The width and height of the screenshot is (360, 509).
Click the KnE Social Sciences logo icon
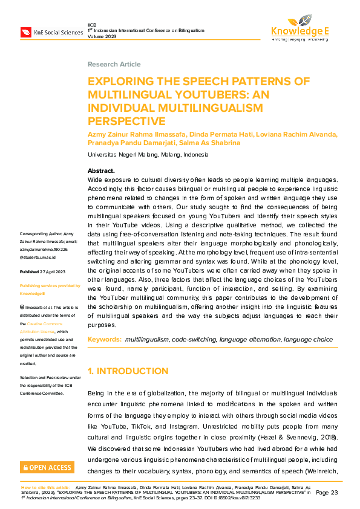[x=26, y=32]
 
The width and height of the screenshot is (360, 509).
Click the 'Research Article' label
[x=114, y=65]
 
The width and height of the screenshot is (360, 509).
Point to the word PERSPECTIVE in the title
[x=126, y=121]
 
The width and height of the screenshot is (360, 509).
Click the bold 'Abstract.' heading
[x=101, y=171]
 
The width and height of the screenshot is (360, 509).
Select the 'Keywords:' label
[x=105, y=340]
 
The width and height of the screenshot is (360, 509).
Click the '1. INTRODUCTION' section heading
[x=128, y=371]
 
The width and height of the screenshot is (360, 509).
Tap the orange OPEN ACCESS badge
[x=47, y=467]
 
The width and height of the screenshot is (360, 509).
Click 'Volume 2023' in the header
[x=101, y=35]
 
